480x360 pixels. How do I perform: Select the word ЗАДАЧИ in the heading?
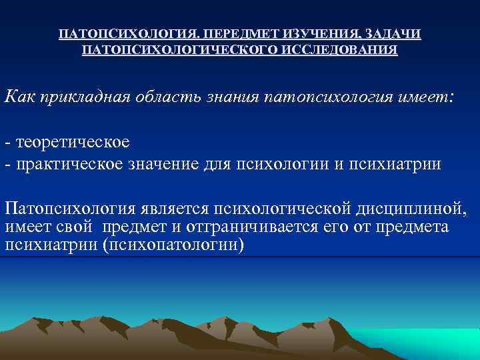point(397,34)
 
